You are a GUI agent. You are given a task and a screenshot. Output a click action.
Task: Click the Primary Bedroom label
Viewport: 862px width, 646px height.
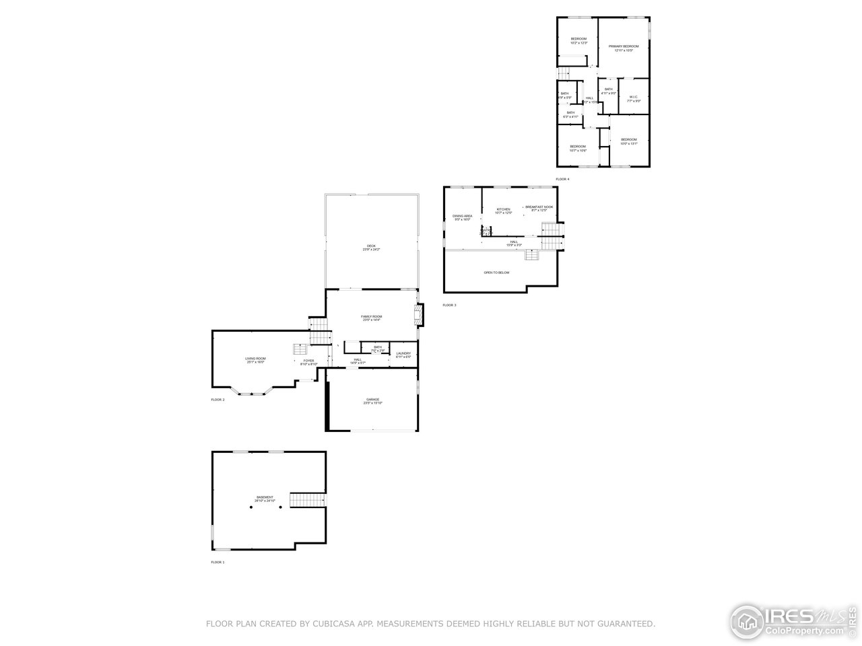(x=623, y=46)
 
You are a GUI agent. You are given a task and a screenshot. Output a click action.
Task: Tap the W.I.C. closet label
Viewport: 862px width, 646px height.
(x=633, y=97)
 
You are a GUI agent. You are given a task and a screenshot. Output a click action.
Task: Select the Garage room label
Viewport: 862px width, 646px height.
(x=372, y=400)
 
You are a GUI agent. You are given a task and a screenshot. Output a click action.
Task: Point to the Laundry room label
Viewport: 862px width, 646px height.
(x=403, y=353)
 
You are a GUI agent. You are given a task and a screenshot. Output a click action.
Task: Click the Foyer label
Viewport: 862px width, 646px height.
(x=308, y=361)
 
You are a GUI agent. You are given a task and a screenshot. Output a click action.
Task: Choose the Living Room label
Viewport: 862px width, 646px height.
(x=255, y=359)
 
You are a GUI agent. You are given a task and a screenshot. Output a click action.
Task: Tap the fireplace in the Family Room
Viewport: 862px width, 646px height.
(x=418, y=315)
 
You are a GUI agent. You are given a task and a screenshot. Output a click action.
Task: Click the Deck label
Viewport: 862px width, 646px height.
(x=372, y=246)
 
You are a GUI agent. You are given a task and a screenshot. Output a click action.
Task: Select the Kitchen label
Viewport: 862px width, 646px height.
(x=503, y=209)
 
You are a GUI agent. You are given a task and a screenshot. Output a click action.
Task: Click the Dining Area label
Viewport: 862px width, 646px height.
(x=462, y=216)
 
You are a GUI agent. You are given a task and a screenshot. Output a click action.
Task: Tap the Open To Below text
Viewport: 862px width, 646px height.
(x=496, y=273)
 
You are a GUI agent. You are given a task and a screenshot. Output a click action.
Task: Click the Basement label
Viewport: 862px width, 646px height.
(x=265, y=497)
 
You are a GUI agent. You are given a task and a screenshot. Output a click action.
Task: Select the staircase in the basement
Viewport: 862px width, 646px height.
(x=307, y=499)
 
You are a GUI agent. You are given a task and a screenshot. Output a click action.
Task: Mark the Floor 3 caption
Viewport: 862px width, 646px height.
(x=449, y=306)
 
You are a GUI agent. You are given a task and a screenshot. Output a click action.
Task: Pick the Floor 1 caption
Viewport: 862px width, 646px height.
(x=218, y=562)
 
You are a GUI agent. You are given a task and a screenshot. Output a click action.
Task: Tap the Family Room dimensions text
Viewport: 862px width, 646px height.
(x=371, y=320)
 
